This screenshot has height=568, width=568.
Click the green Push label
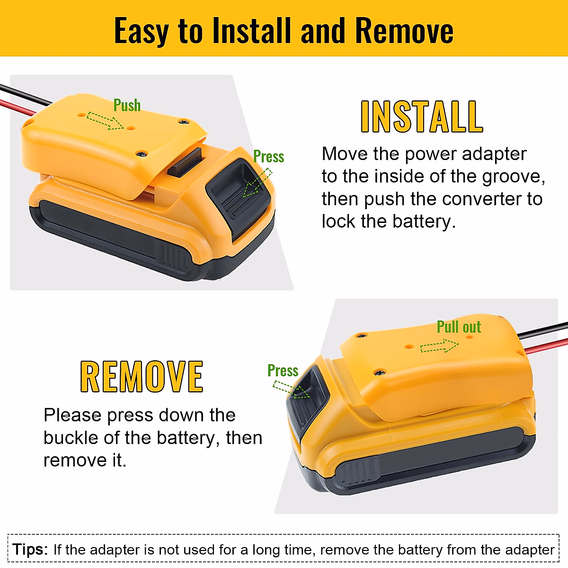pos(127,105)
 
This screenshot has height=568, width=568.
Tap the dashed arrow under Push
pos(105,121)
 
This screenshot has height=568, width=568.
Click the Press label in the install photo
pos(268,157)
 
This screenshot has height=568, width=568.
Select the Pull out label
pos(458,327)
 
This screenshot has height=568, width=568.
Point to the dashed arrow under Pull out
pos(439,346)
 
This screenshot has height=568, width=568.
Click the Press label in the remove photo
pos(283,371)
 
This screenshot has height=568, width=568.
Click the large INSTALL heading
pos(421,117)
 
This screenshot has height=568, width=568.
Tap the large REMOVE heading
pos(142,377)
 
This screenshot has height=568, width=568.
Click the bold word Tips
pos(30,550)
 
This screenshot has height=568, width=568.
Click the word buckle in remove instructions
pos(71,438)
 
